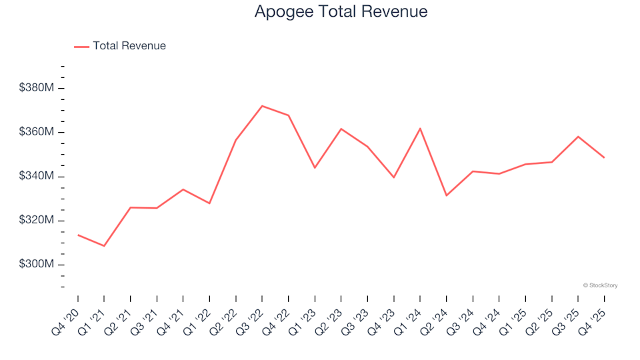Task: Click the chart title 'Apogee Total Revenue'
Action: tap(341, 11)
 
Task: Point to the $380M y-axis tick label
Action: tap(36, 88)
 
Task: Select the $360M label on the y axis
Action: tap(36, 132)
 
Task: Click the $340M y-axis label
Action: tap(36, 177)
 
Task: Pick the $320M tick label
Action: tap(36, 221)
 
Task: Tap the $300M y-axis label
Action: tap(36, 265)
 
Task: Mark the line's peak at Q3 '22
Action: tap(262, 106)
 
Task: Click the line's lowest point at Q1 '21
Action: tap(104, 246)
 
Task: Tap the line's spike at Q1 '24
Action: tap(420, 128)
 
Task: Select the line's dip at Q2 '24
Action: tap(447, 195)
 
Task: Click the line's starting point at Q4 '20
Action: tap(78, 235)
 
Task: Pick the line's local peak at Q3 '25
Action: tap(578, 137)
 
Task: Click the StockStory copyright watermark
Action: tap(600, 285)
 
